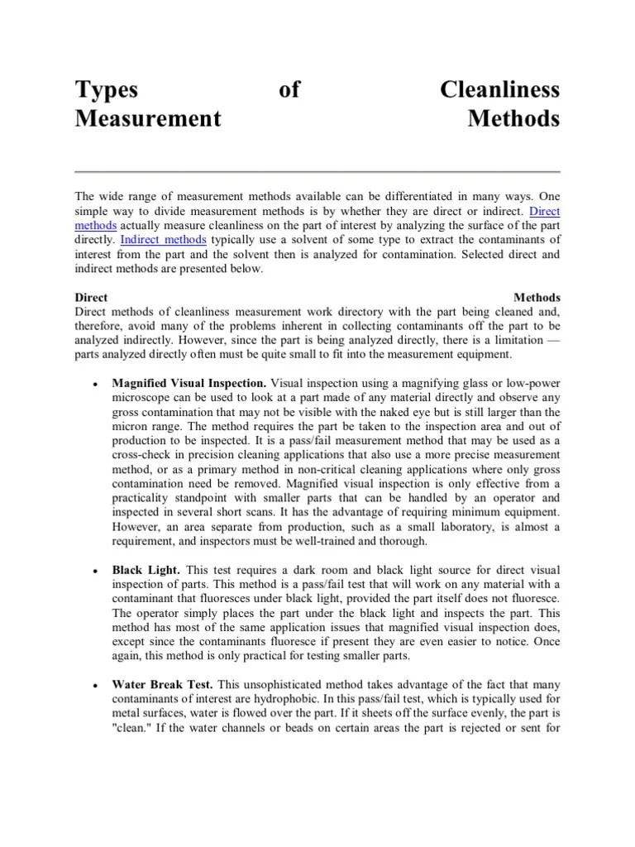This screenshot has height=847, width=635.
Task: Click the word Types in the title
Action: point(106,89)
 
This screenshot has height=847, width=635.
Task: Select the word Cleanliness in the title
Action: point(500,89)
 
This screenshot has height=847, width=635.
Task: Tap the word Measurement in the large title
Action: point(148,118)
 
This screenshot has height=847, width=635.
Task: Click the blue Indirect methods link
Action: point(164,238)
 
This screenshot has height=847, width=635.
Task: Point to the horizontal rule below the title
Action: point(317,171)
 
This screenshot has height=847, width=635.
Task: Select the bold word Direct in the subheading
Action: point(91,297)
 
